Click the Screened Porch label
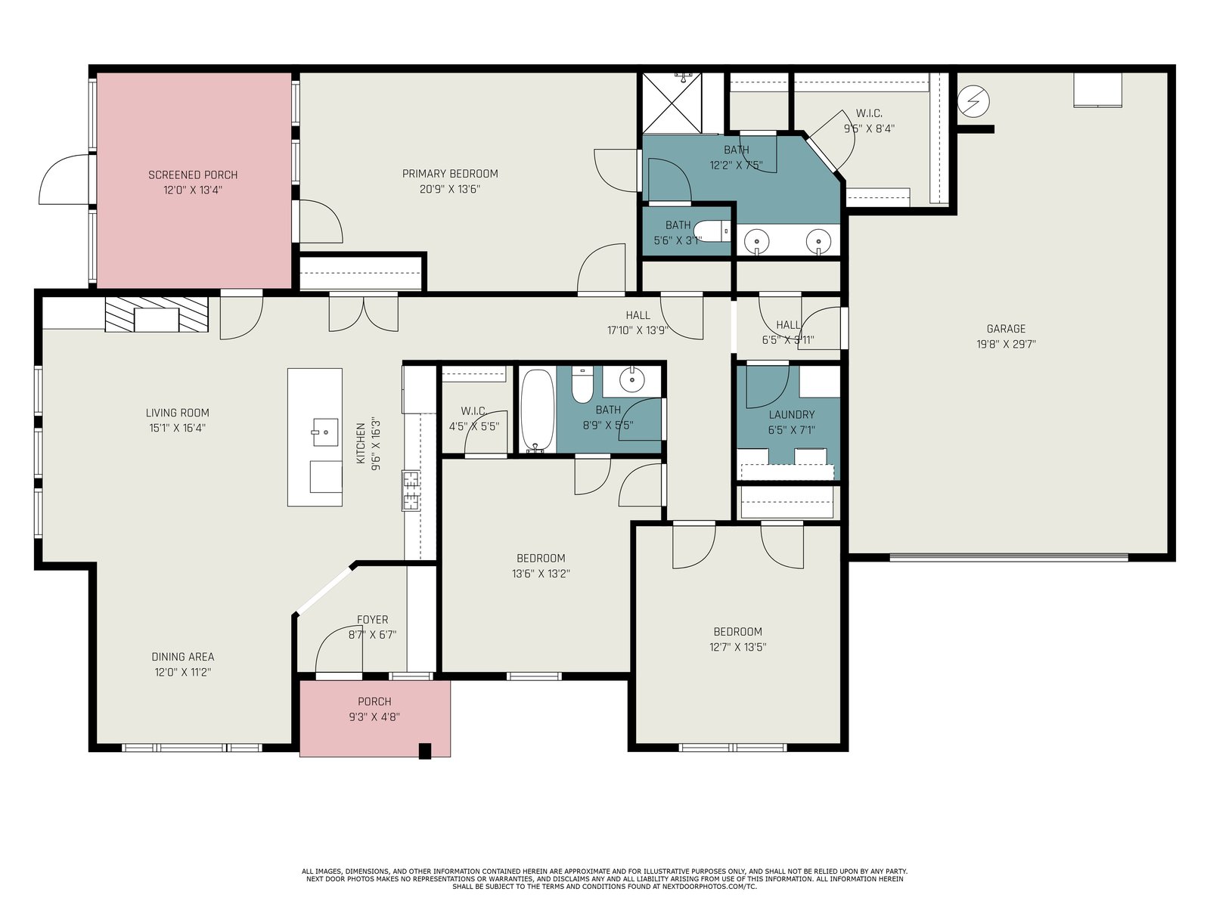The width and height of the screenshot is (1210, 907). click(193, 175)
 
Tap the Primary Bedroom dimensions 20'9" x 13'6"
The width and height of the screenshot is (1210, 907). click(450, 190)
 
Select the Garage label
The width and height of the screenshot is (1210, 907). click(1006, 329)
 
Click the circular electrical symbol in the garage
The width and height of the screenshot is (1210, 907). click(973, 101)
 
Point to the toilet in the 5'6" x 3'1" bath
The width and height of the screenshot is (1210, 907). click(712, 231)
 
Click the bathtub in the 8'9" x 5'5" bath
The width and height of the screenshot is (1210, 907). click(538, 411)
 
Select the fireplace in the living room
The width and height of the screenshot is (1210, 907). click(157, 314)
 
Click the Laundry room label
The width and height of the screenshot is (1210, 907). click(792, 415)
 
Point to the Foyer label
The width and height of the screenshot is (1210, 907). click(373, 620)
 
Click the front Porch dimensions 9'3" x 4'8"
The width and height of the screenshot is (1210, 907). click(374, 717)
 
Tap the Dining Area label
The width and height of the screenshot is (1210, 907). click(183, 656)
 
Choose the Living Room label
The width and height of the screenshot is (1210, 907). click(178, 413)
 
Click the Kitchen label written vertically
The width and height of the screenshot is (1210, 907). click(361, 443)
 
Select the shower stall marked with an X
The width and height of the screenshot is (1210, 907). click(672, 103)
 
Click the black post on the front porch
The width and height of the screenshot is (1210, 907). click(424, 751)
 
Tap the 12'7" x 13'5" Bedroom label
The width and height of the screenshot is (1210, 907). click(737, 632)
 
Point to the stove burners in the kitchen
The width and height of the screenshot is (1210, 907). click(411, 490)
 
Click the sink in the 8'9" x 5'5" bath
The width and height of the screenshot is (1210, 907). click(631, 379)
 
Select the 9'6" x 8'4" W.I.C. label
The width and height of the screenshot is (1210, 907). click(870, 113)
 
